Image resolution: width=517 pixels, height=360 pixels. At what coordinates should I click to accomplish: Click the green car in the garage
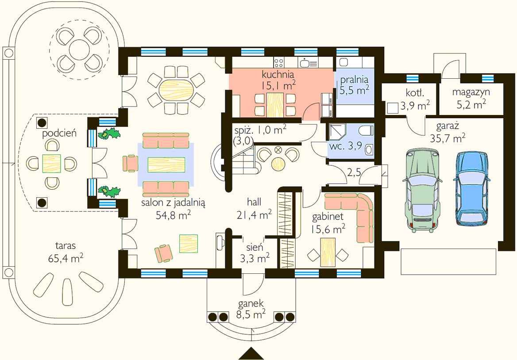(422, 190)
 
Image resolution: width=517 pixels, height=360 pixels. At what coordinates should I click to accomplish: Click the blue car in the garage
(471, 188)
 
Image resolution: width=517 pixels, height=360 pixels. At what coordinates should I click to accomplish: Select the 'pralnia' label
(354, 79)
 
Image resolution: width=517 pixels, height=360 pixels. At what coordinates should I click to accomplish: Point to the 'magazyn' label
(471, 92)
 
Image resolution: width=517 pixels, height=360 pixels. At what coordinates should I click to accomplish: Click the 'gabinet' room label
(328, 216)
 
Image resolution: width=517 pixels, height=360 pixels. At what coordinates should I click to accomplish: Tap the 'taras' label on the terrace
(66, 246)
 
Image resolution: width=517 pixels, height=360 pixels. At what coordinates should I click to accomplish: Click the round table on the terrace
(79, 50)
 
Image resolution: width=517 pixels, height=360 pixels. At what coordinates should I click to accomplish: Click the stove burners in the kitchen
(278, 62)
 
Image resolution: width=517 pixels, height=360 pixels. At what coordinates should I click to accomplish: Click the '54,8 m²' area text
(174, 215)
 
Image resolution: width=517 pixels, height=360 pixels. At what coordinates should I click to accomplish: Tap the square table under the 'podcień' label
(52, 164)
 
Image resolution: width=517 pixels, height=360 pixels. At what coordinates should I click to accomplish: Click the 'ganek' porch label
(251, 303)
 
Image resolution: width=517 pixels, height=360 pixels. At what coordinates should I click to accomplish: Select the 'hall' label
(254, 202)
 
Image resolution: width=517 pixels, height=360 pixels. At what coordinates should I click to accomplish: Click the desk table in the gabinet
(328, 253)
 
